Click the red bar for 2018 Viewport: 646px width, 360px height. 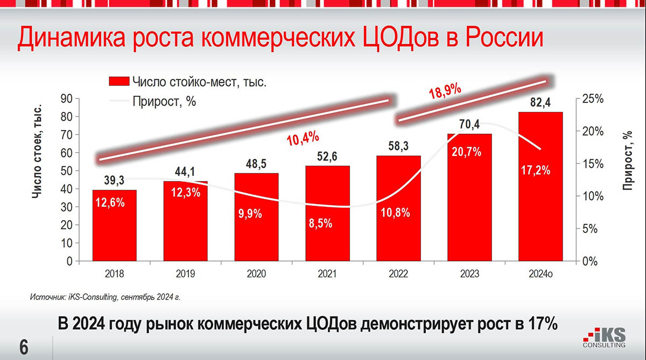click(114, 226)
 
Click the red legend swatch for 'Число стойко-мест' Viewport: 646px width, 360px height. click(118, 82)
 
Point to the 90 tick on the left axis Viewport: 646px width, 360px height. click(67, 99)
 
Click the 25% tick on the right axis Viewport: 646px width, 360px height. click(593, 99)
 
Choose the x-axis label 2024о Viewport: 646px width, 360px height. click(540, 274)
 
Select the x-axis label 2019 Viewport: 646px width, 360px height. click(185, 274)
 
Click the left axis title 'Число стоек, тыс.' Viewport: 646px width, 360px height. click(38, 161)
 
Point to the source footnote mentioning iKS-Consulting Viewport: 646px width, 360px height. click(108, 296)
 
